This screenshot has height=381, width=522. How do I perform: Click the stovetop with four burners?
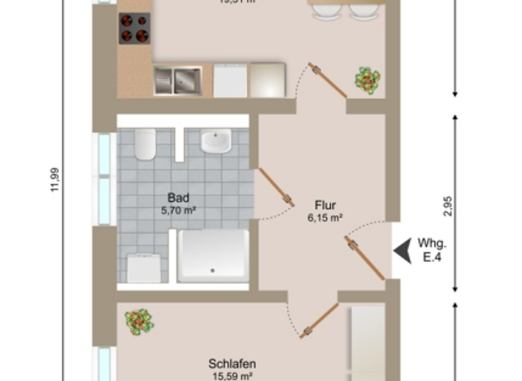coord(134,28)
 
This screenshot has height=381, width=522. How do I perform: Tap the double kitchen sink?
coord(177,81)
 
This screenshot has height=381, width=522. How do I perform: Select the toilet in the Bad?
coord(145,144)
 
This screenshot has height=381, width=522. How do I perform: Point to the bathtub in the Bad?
coord(213,255)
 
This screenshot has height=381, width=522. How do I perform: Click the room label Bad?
coord(178,199)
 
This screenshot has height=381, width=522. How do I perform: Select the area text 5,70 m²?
coord(178,211)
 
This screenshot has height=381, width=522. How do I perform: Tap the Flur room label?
coord(325,205)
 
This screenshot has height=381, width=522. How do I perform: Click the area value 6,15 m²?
coord(325,218)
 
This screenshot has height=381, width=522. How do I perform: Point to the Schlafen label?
coord(232,363)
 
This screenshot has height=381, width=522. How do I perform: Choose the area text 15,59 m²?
coord(232,376)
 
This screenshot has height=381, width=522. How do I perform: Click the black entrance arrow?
coord(403,250)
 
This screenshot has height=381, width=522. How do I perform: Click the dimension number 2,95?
coord(448,205)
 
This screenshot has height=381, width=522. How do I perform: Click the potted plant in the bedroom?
coord(139,320)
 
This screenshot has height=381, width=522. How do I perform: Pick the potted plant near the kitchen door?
coord(367,80)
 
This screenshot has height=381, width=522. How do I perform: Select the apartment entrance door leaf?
coord(367,258)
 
